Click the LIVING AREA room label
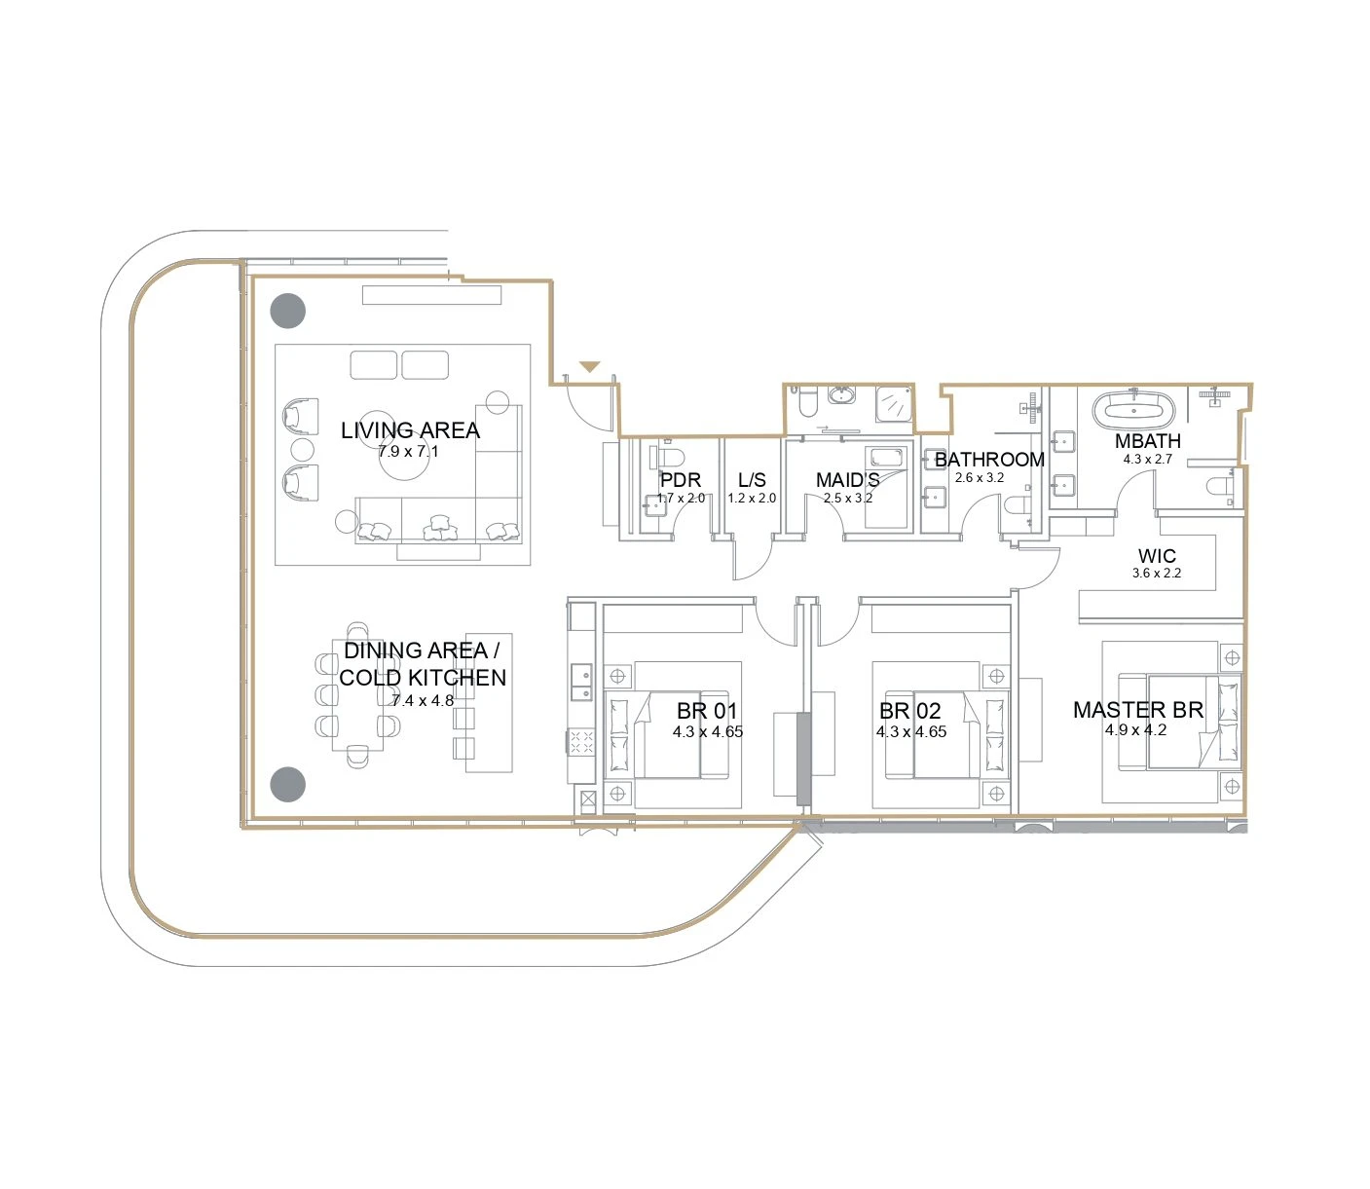[410, 429]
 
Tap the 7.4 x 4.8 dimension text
[423, 700]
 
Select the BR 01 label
[707, 710]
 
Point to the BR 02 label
[910, 710]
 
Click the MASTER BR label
[1137, 710]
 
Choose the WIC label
[1157, 556]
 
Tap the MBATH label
[1147, 441]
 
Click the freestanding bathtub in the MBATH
[1133, 410]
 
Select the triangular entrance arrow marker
[589, 367]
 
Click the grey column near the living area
[288, 311]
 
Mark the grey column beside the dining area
[288, 784]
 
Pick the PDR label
[681, 480]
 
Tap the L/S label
[752, 480]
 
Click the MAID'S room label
[847, 480]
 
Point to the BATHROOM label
[989, 460]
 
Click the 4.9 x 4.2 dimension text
[1135, 729]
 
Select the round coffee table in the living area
[403, 456]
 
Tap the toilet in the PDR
[667, 458]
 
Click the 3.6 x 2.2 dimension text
[1157, 573]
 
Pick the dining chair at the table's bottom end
[357, 756]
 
